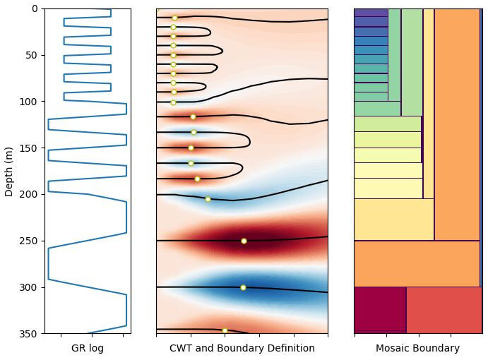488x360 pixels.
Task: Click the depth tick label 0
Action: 35,8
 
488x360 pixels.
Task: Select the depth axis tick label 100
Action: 28,102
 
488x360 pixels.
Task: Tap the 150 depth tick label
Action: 28,148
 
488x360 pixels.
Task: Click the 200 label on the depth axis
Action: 28,194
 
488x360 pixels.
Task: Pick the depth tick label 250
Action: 28,241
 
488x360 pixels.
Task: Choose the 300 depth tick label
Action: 28,287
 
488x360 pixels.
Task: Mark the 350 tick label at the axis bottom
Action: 28,334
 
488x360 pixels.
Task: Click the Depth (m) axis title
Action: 8,172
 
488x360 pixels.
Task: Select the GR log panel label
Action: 88,348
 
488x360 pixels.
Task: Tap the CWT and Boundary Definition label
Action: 242,348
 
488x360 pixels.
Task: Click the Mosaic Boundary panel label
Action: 417,348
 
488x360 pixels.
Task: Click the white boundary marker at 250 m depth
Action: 244,241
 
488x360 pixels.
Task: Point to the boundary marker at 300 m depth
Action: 243,287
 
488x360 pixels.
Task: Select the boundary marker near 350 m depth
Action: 225,330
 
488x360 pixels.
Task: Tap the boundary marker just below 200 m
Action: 208,199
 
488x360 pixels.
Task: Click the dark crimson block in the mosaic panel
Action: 381,310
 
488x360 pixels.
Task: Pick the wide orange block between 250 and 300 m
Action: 417,263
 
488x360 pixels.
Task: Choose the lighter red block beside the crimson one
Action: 444,310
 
